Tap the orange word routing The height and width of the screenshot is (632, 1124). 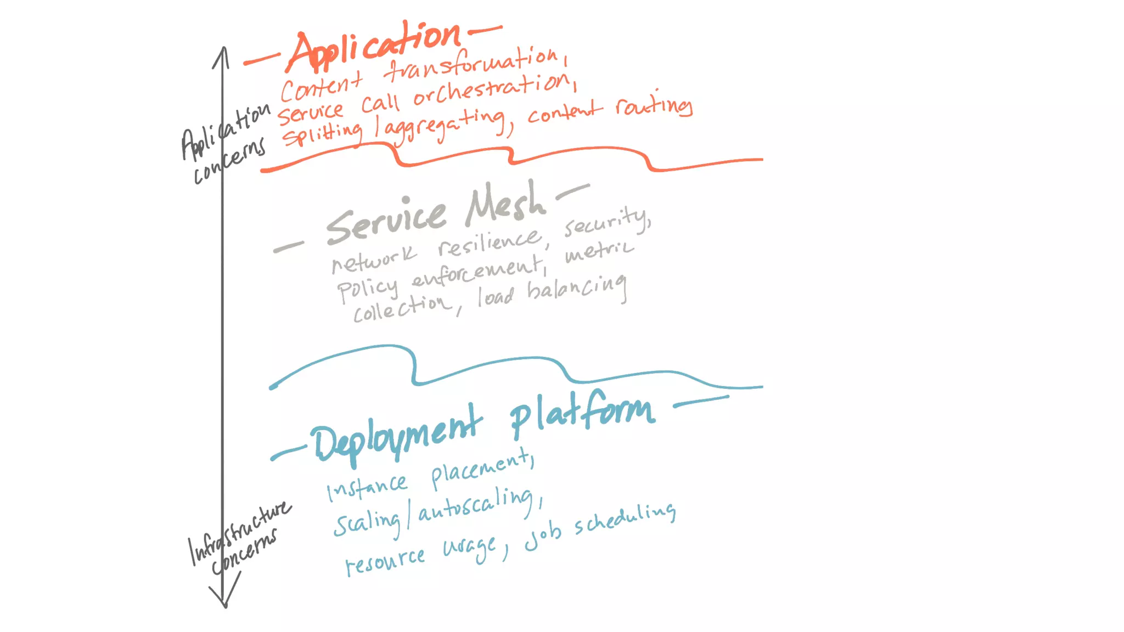click(653, 105)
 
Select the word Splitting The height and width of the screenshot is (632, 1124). click(322, 133)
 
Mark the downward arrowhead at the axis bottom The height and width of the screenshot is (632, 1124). click(224, 601)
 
